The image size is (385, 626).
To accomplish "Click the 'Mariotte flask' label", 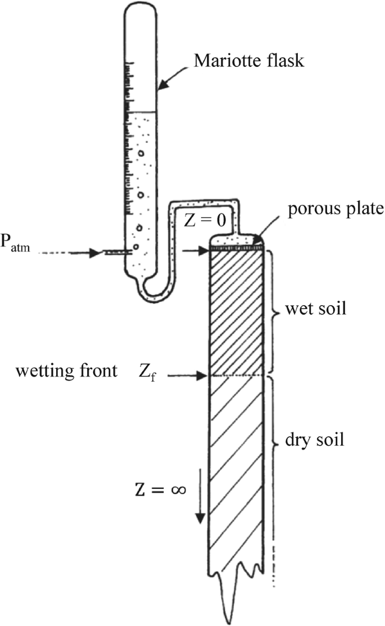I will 249,61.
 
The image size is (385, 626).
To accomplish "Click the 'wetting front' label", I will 66,372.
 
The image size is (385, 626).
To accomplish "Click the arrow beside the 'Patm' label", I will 84,253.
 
